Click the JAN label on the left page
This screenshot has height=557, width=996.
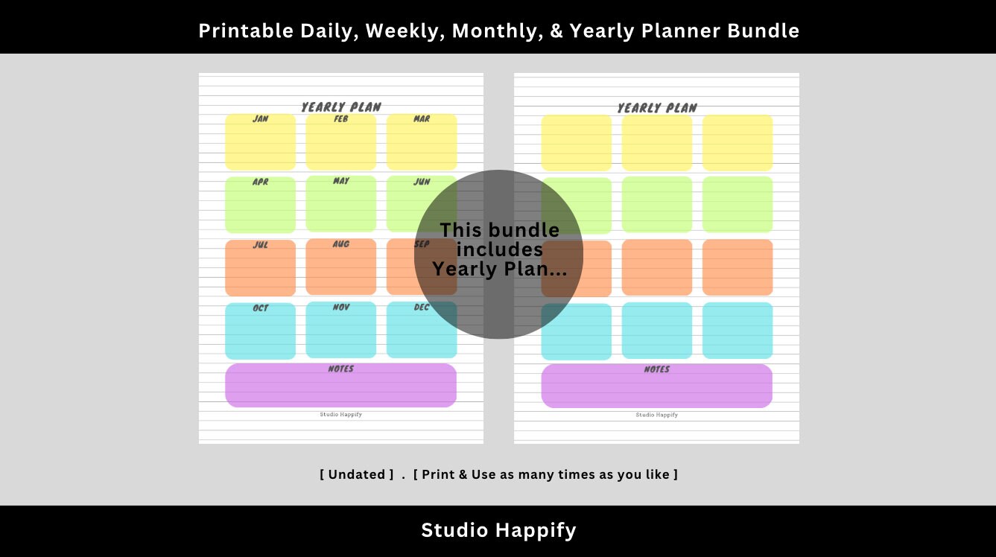click(260, 119)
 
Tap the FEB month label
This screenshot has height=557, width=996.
click(340, 119)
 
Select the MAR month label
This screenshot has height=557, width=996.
click(422, 119)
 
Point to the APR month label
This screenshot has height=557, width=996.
click(260, 182)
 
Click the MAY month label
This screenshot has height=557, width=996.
click(341, 181)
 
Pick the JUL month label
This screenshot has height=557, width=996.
click(260, 245)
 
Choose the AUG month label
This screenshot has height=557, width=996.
click(341, 244)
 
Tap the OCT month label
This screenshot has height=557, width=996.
click(260, 308)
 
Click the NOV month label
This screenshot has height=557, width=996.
click(340, 308)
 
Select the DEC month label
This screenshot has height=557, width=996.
click(422, 308)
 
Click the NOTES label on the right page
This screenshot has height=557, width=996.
click(656, 370)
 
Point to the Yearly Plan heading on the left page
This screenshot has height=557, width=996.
click(341, 107)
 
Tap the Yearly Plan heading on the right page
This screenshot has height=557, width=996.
click(657, 108)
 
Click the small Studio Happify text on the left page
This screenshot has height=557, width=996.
click(341, 415)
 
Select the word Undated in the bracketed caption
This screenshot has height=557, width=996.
click(357, 474)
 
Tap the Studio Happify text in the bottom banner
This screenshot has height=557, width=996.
click(498, 530)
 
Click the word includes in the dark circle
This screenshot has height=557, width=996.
click(499, 249)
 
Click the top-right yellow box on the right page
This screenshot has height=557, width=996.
click(738, 143)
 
